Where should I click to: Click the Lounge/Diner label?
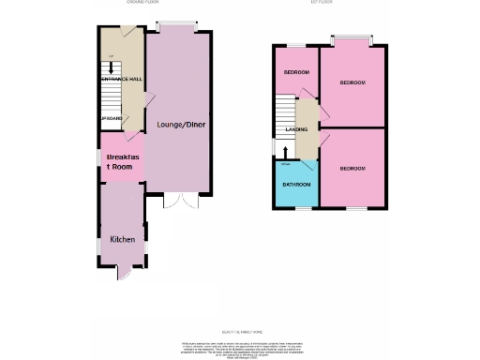coord(183,125)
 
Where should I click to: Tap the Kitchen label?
coord(124,240)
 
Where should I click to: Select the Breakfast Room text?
coord(124,161)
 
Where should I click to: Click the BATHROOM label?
coord(299,184)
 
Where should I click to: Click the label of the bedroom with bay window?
coord(352,83)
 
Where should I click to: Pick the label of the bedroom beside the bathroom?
coord(352,168)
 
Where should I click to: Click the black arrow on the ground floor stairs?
coord(112,66)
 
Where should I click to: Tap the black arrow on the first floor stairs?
coord(287,148)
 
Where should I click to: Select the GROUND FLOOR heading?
coord(142,4)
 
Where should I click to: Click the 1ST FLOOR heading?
coord(323,4)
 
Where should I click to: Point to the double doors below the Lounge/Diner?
coord(177,201)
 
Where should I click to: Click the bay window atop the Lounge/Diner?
coord(175,23)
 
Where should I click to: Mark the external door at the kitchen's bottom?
coord(122,275)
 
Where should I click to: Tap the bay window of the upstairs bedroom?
coord(352,39)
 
